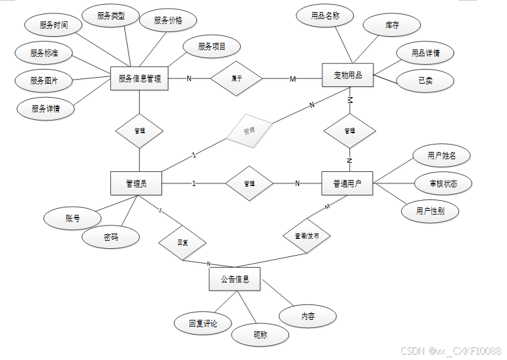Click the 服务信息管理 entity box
pos(139,79)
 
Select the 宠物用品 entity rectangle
pos(348,76)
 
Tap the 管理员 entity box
pos(136,183)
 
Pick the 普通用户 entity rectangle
pos(347,183)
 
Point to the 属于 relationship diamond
pos(237,79)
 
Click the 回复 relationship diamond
pos(183,242)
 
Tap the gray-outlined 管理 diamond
pos(249,131)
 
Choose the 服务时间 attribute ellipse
pos(52,25)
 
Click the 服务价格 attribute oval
pos(169,20)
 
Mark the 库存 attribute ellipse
pos(392,25)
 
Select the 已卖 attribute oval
pos(425,81)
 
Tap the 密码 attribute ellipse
pos(111,237)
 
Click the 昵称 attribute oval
pos(261,335)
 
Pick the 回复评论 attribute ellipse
pos(203,324)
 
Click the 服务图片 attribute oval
pos(44,80)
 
